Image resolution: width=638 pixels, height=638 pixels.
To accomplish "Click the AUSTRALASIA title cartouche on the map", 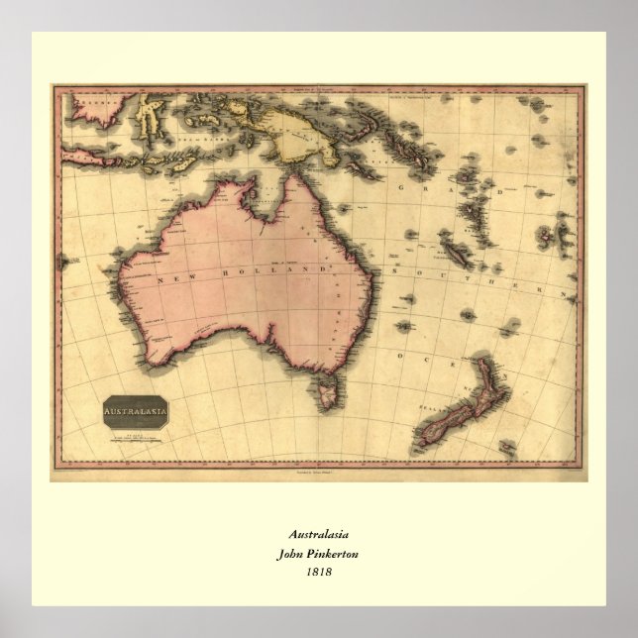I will [x=135, y=409].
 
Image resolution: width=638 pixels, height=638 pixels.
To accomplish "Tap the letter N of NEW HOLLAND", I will [x=158, y=282].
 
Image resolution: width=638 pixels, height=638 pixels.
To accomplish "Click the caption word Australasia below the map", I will [x=318, y=535].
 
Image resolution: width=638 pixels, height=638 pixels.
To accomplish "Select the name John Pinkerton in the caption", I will [x=318, y=554].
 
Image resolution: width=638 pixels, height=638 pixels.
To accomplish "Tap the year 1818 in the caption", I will [x=318, y=572].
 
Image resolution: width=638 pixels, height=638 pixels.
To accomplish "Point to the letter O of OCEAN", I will [x=400, y=354].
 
